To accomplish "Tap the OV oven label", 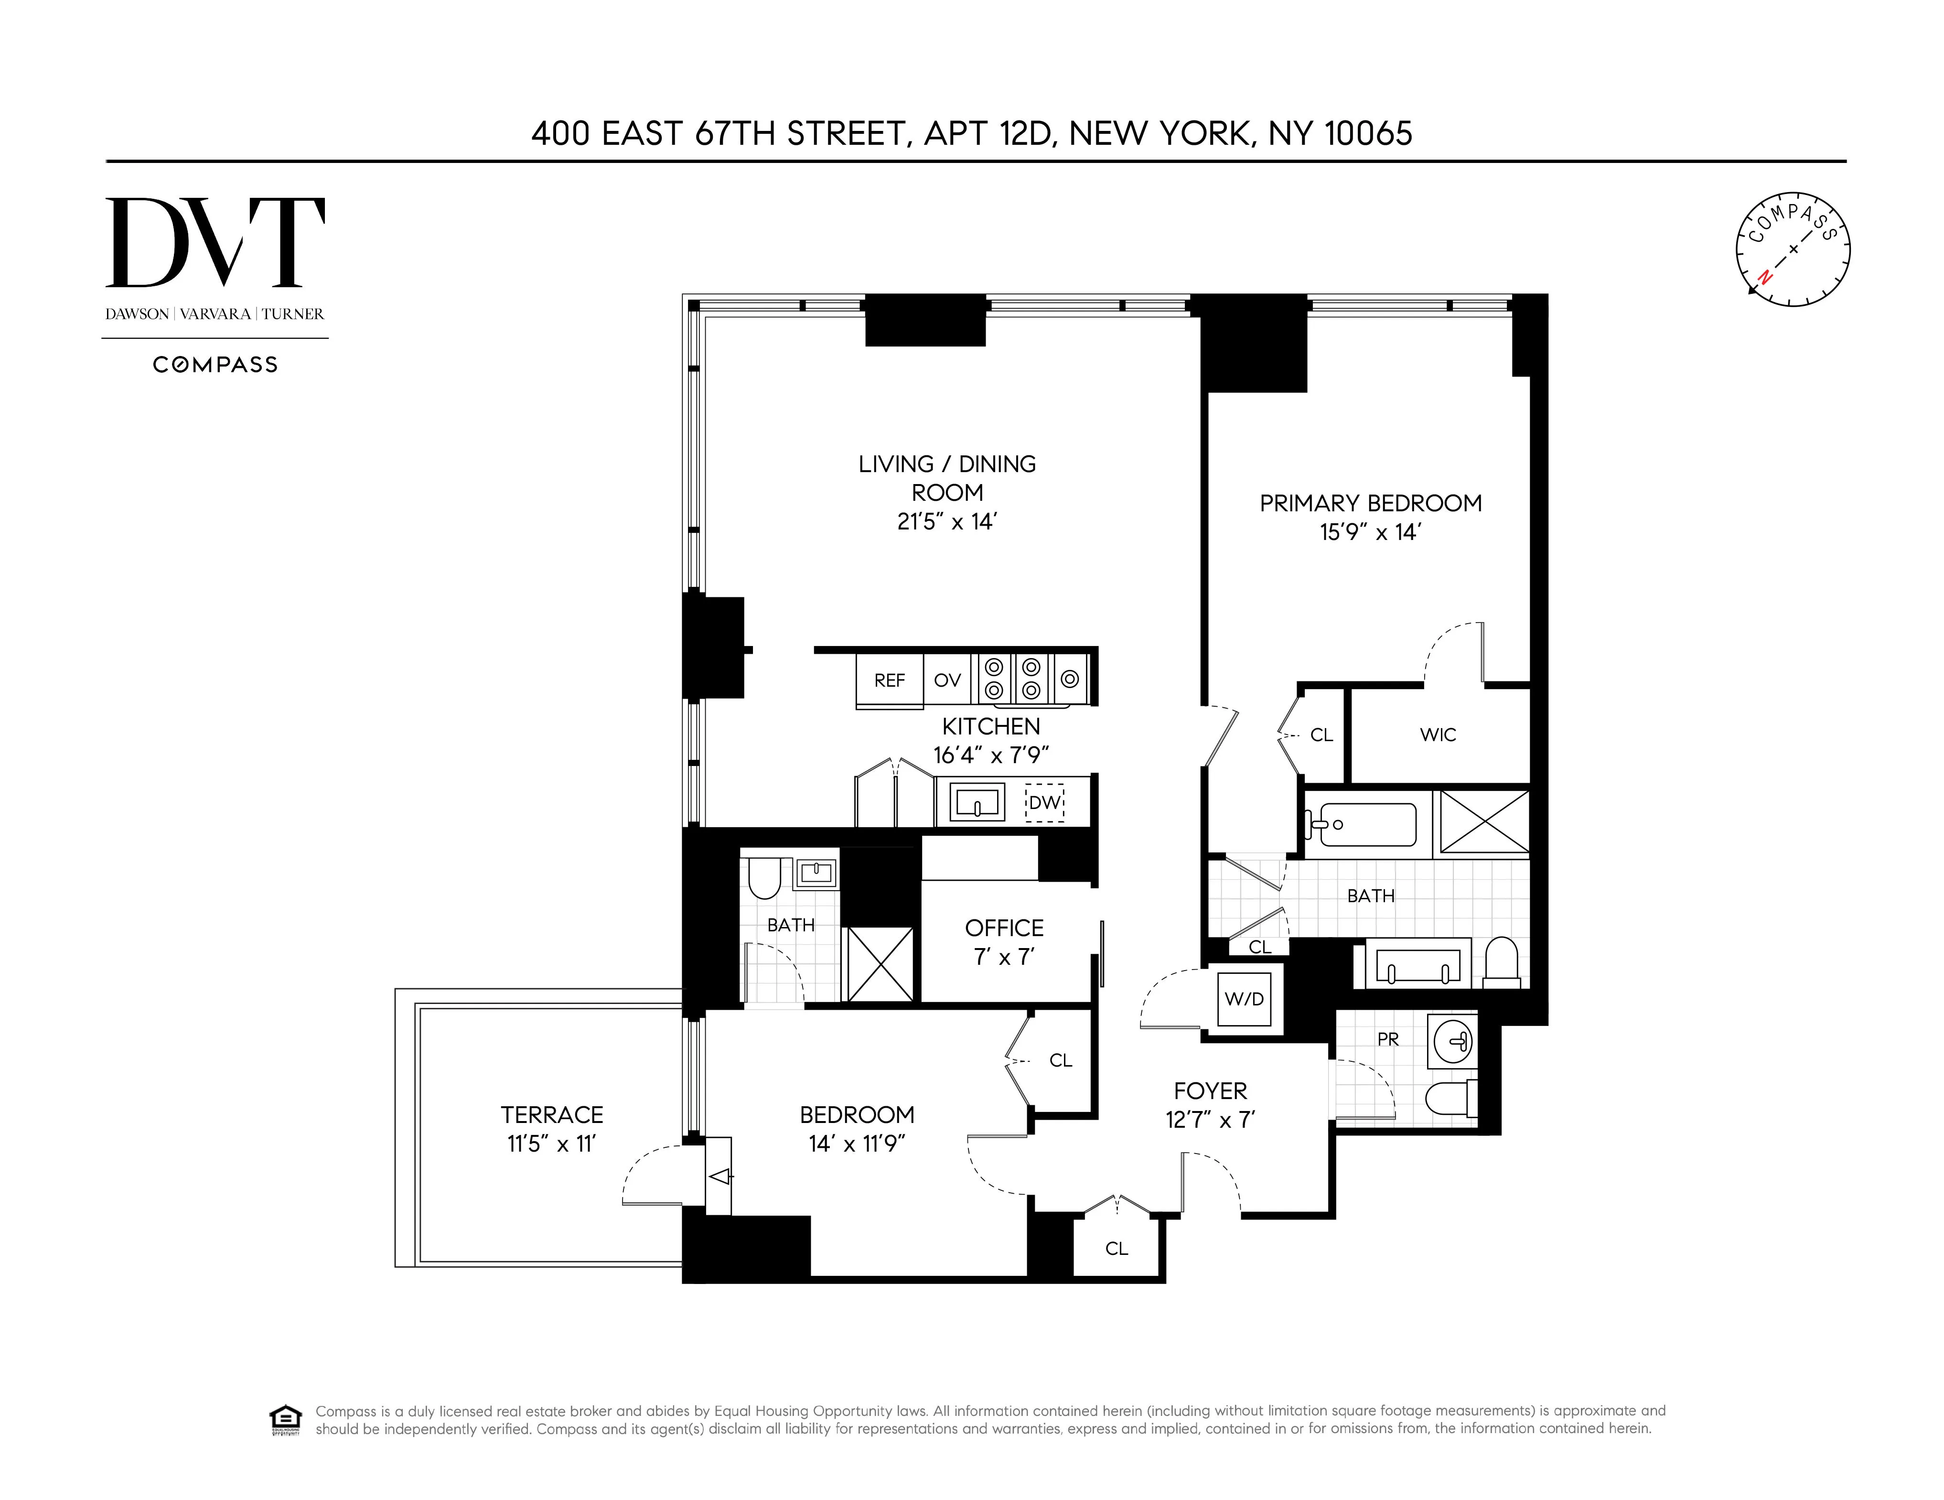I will pos(947,681).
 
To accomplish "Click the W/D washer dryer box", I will pos(1244,999).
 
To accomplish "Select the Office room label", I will pos(1004,928).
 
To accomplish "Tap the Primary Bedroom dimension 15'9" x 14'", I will pos(1370,532).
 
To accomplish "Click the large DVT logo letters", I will pos(215,242).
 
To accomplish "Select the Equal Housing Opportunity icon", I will pos(285,1420).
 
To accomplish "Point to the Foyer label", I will pos(1210,1091).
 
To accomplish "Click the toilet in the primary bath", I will pos(1502,961).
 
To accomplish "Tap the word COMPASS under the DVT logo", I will pos(215,365).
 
